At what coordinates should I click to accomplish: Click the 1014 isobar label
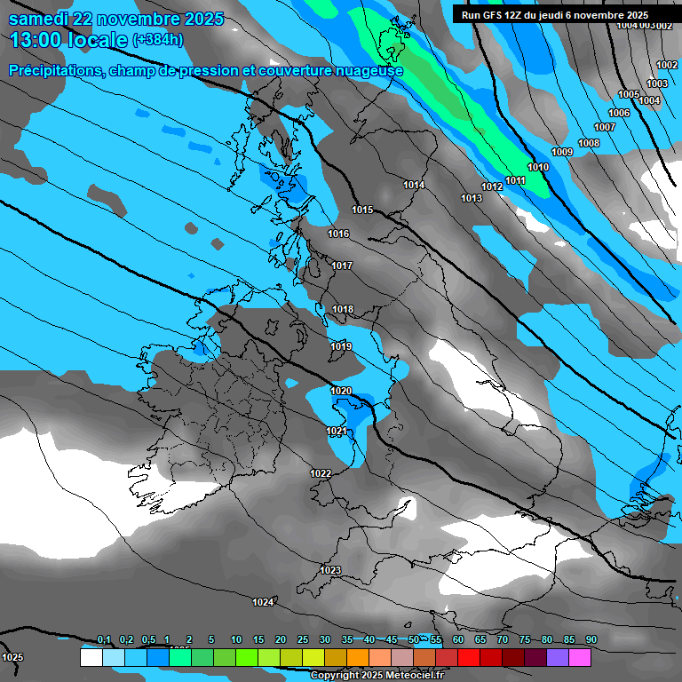tap(414, 185)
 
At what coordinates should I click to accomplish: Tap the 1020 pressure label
tap(341, 391)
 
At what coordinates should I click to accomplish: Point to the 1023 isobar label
tap(330, 570)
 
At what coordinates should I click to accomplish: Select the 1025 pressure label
tap(12, 657)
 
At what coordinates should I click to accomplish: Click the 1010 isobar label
tap(538, 167)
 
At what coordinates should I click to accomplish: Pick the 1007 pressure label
tap(605, 127)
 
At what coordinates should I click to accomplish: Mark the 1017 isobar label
tap(342, 266)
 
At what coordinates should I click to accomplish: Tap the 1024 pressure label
tap(263, 602)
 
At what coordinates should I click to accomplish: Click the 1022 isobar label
tap(321, 473)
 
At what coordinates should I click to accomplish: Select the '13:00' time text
tap(36, 40)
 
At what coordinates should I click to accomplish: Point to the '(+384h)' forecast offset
tap(157, 40)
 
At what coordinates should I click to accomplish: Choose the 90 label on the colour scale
tap(591, 639)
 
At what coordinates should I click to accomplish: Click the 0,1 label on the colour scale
tap(104, 639)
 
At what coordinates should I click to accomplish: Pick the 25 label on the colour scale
tap(303, 639)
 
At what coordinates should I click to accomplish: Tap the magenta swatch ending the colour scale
tap(579, 658)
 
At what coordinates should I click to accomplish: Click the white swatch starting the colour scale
tap(91, 658)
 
